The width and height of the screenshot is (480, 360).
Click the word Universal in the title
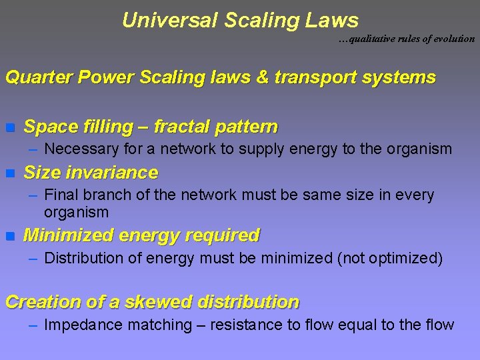point(169,20)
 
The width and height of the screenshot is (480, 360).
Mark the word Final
point(59,195)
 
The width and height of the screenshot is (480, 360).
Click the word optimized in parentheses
point(405,258)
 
